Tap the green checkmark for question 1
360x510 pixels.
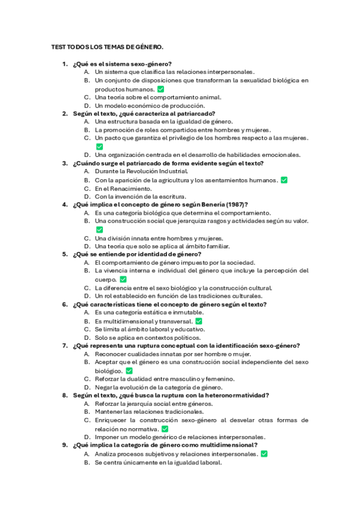pyautogui.click(x=144, y=89)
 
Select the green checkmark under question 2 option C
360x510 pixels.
pyautogui.click(x=99, y=146)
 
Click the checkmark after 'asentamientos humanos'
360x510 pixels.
pyautogui.click(x=284, y=180)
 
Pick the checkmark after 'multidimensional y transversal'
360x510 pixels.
pyautogui.click(x=199, y=321)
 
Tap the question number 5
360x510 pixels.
pyautogui.click(x=64, y=254)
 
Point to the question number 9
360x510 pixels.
pyautogui.click(x=64, y=446)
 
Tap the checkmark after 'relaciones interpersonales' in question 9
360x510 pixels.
pyautogui.click(x=264, y=454)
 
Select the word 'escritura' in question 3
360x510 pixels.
pyautogui.click(x=174, y=197)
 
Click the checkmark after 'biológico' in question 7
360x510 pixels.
pyautogui.click(x=129, y=371)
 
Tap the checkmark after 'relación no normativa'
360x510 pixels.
pyautogui.click(x=165, y=429)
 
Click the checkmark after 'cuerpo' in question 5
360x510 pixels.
pyautogui.click(x=123, y=280)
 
